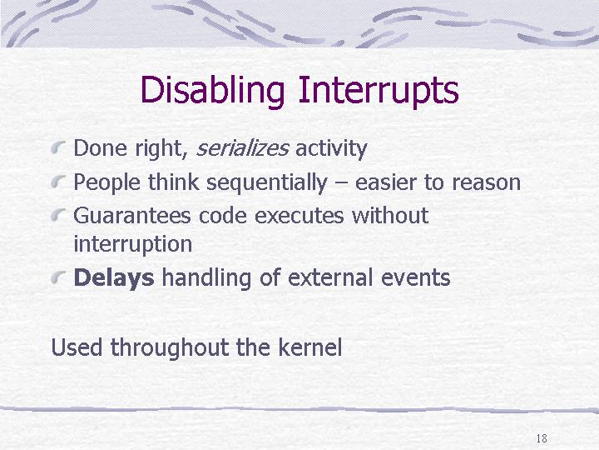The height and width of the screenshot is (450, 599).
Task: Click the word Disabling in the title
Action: [x=212, y=91]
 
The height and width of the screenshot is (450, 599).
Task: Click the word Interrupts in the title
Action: [x=379, y=91]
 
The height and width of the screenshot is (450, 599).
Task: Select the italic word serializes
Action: [x=242, y=148]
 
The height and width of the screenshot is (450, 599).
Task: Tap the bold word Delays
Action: [x=114, y=278]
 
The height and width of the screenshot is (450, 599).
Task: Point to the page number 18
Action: [x=542, y=438]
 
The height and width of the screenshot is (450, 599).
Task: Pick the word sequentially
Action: [x=267, y=182]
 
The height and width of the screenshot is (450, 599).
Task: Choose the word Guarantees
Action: [x=132, y=216]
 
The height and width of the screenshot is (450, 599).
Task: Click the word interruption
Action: [x=132, y=244]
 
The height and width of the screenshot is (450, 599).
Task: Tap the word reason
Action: [x=487, y=182]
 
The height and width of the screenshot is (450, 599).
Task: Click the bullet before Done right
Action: [x=58, y=147]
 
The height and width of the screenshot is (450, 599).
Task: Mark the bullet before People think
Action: [x=58, y=182]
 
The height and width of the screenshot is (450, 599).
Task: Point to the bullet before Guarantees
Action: [x=58, y=215]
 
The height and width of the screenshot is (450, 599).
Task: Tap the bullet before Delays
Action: [x=58, y=277]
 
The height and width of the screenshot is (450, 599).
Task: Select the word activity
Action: [x=331, y=149]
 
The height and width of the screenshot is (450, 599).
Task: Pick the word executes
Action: [x=299, y=216]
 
